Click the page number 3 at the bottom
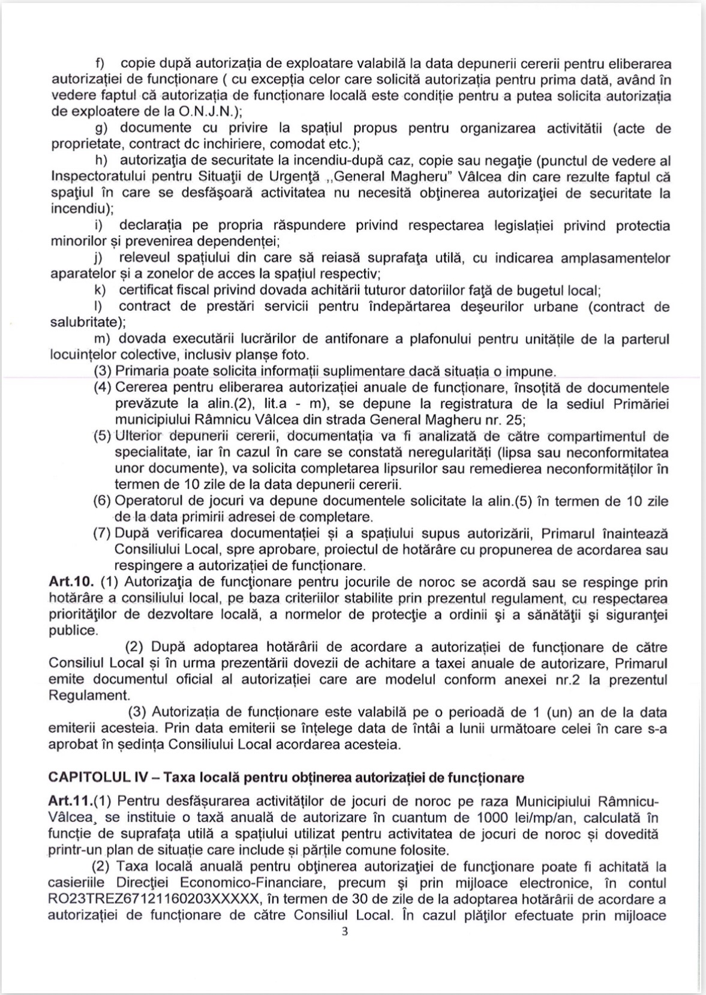[x=344, y=932]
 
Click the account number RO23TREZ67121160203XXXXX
[x=156, y=900]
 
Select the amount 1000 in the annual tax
[x=494, y=818]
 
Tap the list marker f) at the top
[x=101, y=64]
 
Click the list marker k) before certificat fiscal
[x=100, y=290]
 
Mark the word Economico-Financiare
[x=251, y=883]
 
